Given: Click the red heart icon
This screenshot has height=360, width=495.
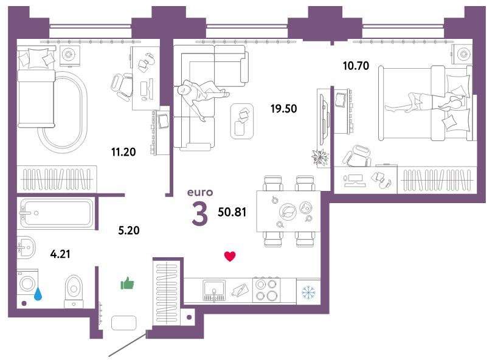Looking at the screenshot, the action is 230,256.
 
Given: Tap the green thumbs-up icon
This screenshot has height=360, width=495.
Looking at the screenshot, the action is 127,283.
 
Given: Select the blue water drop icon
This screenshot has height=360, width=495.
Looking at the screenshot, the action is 38,294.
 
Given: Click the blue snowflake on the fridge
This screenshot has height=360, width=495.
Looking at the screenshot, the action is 308,292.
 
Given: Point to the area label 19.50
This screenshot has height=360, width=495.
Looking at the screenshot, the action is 283,109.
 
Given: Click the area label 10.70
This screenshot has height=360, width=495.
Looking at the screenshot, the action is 356,66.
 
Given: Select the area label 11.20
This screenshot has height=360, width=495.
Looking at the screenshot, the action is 123,152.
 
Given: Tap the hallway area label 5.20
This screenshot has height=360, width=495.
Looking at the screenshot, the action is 129,230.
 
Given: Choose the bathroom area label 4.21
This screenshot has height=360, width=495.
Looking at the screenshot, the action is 60,254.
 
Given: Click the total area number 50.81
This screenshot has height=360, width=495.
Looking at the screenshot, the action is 232,212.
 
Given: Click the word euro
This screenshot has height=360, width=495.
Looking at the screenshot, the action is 200,192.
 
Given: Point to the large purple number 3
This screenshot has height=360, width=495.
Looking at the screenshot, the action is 200,214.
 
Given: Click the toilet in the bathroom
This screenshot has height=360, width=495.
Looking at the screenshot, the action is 74,291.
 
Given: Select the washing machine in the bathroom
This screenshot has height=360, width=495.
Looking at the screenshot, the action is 27,282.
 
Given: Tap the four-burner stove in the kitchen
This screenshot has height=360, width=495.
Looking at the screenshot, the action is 266,290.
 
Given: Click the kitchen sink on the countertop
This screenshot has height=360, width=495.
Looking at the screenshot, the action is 214,290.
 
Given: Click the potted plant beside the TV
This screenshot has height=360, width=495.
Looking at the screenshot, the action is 320,157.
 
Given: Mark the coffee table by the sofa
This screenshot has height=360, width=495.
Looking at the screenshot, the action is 242,121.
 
